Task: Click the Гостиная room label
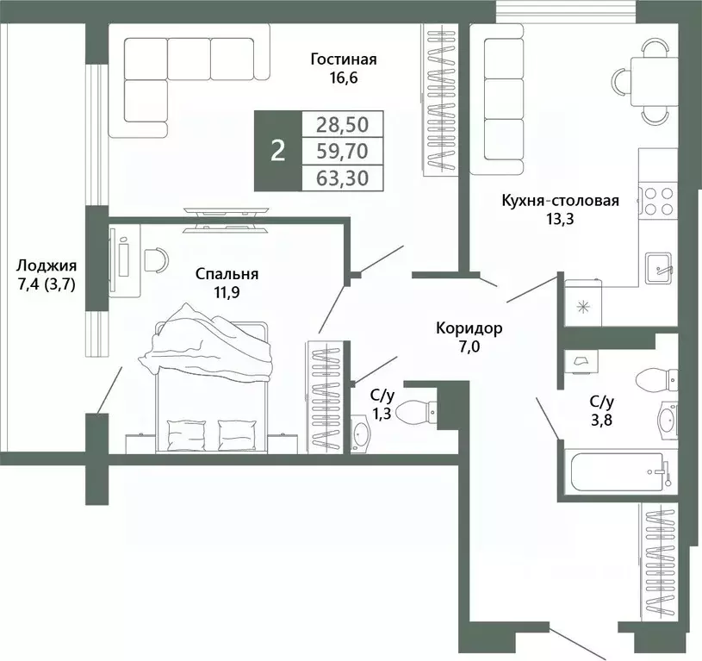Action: point(344,59)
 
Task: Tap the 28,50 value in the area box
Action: point(343,124)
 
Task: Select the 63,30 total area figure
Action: point(343,178)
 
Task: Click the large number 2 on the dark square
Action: point(278,151)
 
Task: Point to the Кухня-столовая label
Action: point(560,200)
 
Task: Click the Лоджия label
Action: point(47,265)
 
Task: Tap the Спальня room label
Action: point(227,274)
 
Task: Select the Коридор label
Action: point(469,328)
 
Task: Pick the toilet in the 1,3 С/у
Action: point(416,411)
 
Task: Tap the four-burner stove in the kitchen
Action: point(658,201)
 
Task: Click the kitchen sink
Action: point(659,267)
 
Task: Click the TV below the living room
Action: point(226,220)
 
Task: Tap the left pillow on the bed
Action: point(186,434)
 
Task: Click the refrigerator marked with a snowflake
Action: point(583,302)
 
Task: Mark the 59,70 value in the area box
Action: point(343,151)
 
